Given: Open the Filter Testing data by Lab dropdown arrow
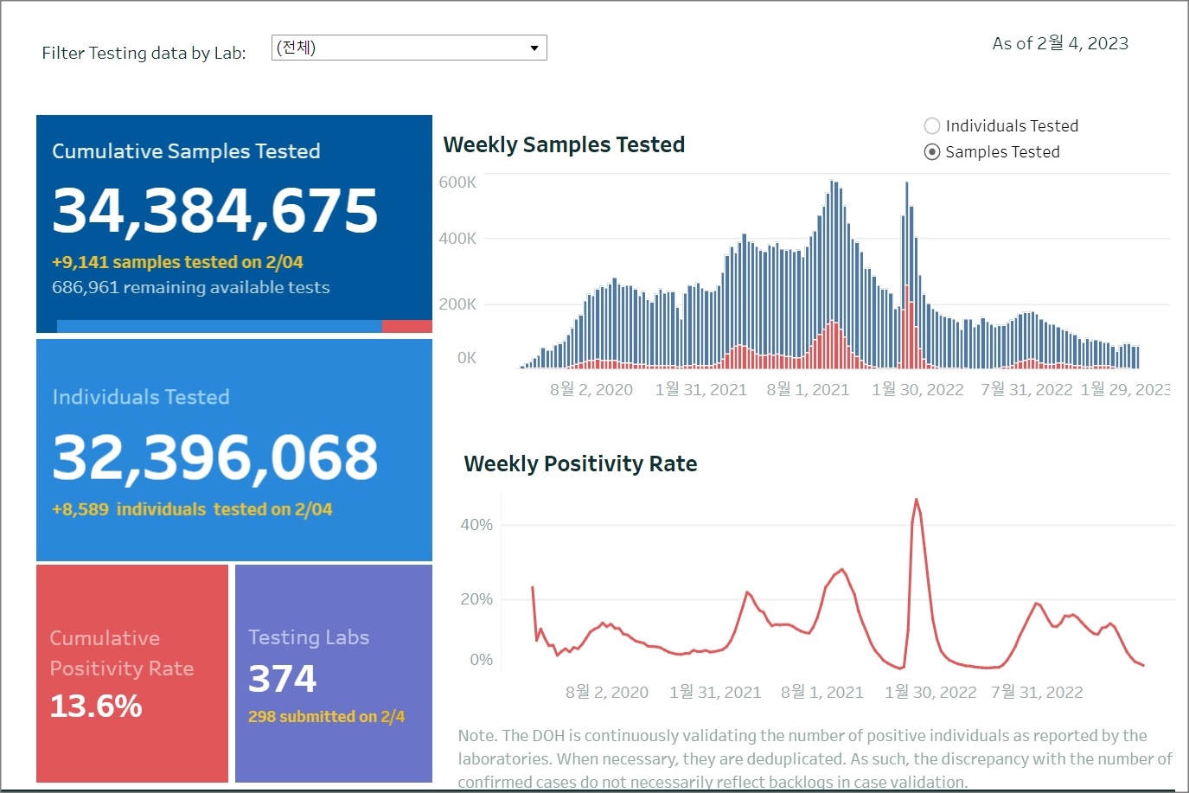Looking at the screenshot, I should pyautogui.click(x=534, y=48).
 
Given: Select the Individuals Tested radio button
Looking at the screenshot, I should pyautogui.click(x=932, y=126).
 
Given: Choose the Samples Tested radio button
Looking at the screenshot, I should pyautogui.click(x=932, y=152).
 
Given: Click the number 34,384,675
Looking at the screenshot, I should pyautogui.click(x=215, y=210).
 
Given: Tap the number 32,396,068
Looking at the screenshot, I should pyautogui.click(x=215, y=457).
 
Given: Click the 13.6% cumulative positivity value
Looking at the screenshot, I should pyautogui.click(x=96, y=707).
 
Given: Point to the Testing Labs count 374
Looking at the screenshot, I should pyautogui.click(x=283, y=679).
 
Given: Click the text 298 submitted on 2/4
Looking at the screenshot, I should pyautogui.click(x=326, y=717).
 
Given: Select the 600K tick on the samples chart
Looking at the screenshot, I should pyautogui.click(x=457, y=182).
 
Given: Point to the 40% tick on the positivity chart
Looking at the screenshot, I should pyautogui.click(x=476, y=525).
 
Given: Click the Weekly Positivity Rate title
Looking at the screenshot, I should pyautogui.click(x=580, y=464).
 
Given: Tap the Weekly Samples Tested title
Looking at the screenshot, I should pyautogui.click(x=564, y=144).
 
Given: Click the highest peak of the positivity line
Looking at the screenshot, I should pyautogui.click(x=916, y=500).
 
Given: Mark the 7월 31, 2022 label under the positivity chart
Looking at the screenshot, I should pyautogui.click(x=1037, y=693).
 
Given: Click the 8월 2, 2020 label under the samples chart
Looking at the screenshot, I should pyautogui.click(x=591, y=390).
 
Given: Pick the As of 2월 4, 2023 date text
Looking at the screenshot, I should pyautogui.click(x=1060, y=43).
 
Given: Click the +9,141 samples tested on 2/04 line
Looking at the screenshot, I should pyautogui.click(x=177, y=262).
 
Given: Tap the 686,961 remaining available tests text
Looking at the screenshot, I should pyautogui.click(x=190, y=287).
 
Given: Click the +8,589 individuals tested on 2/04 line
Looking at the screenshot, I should pyautogui.click(x=192, y=509).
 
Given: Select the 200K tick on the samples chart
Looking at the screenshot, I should pyautogui.click(x=457, y=304).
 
